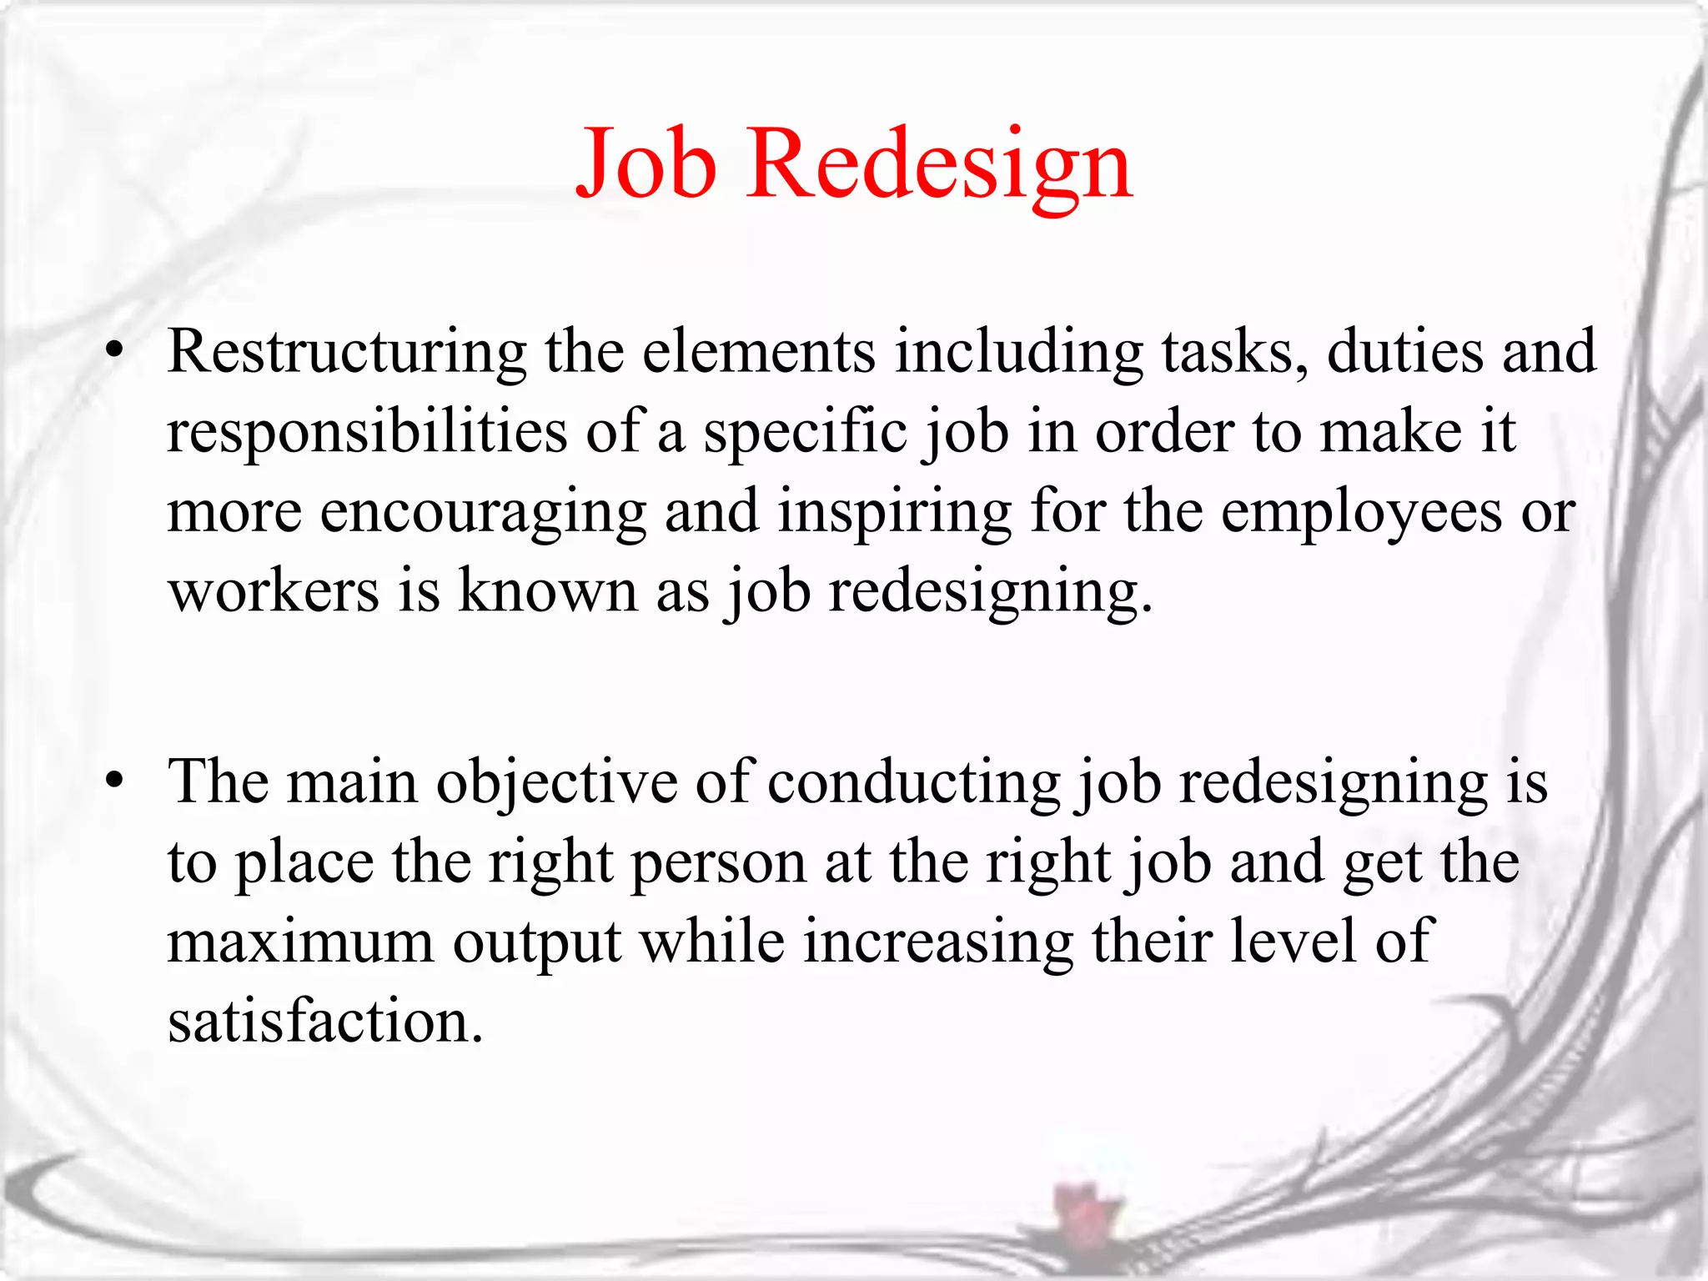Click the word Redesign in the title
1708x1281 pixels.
pyautogui.click(x=939, y=164)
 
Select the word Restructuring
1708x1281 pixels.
pyautogui.click(x=347, y=353)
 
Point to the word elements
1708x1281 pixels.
pyautogui.click(x=758, y=351)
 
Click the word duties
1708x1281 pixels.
pyautogui.click(x=1404, y=351)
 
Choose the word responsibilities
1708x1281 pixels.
pyautogui.click(x=367, y=432)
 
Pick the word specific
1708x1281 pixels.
pyautogui.click(x=805, y=432)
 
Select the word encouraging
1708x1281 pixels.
pyautogui.click(x=483, y=513)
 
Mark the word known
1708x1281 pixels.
pyautogui.click(x=548, y=591)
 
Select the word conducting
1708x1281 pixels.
pyautogui.click(x=913, y=784)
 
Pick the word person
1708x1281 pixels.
pyautogui.click(x=718, y=864)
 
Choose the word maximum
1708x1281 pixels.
pyautogui.click(x=300, y=942)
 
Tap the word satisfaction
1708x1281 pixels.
pyautogui.click(x=325, y=1022)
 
